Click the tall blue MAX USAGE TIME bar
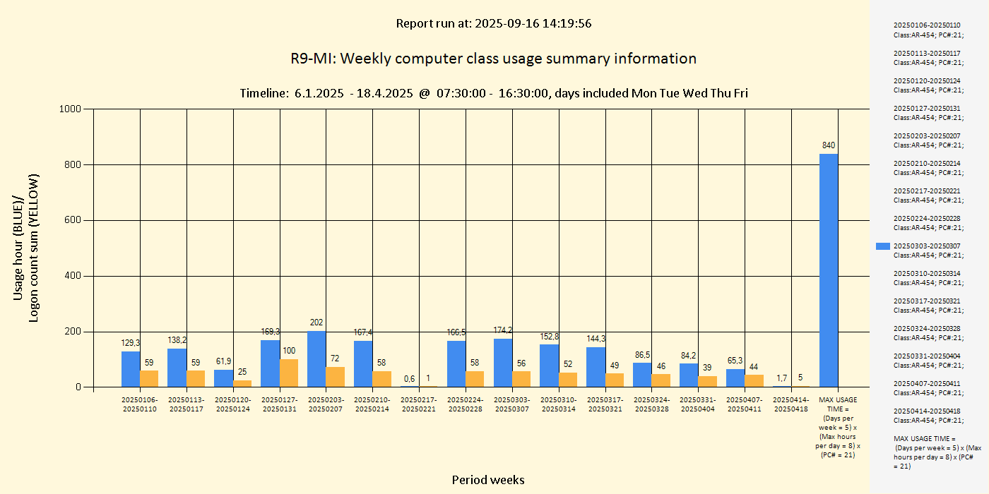tap(829, 270)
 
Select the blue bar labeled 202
tap(316, 359)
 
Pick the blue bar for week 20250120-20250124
tap(223, 378)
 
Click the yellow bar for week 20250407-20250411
tap(754, 381)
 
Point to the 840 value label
tap(829, 145)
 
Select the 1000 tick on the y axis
tap(72, 109)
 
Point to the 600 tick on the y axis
tap(74, 220)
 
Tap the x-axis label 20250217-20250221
tap(419, 404)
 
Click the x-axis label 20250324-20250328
tap(651, 404)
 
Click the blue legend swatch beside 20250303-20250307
tap(883, 246)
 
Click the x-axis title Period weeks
tap(488, 480)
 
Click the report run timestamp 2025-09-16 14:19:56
tap(533, 23)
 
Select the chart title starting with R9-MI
tap(493, 59)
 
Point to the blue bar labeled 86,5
tap(642, 375)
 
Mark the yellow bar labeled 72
tap(336, 377)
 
